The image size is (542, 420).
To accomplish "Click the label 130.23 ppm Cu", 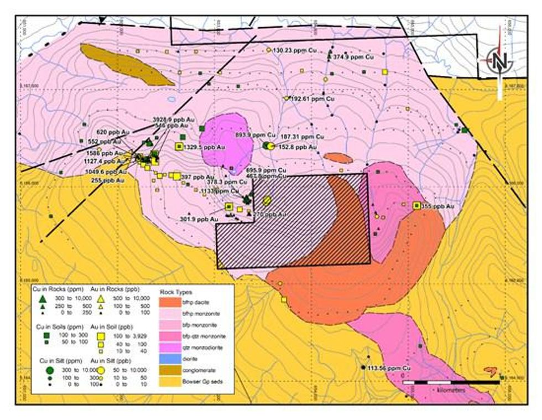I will click(x=295, y=50).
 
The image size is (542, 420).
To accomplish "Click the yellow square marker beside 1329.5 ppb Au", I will click(x=179, y=146).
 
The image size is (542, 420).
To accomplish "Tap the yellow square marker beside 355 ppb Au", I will click(x=416, y=205).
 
